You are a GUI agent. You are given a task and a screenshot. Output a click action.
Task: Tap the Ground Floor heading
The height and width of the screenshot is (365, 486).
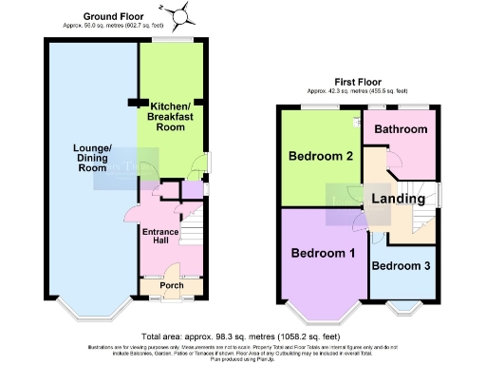115,17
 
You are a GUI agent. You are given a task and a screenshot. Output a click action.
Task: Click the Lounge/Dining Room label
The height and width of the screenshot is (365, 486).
93,158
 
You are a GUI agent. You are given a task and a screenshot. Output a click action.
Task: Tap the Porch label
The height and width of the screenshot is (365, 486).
171,284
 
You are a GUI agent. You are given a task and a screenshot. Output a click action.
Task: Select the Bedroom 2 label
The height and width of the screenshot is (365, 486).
323,156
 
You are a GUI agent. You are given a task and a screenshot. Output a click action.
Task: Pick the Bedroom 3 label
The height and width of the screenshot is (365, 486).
401,265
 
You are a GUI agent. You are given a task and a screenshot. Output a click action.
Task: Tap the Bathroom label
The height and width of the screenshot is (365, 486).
400,129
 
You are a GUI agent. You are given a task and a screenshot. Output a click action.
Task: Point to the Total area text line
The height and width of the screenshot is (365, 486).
242,336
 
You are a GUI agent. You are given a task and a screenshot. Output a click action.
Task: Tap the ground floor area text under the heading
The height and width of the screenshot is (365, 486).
114,28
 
